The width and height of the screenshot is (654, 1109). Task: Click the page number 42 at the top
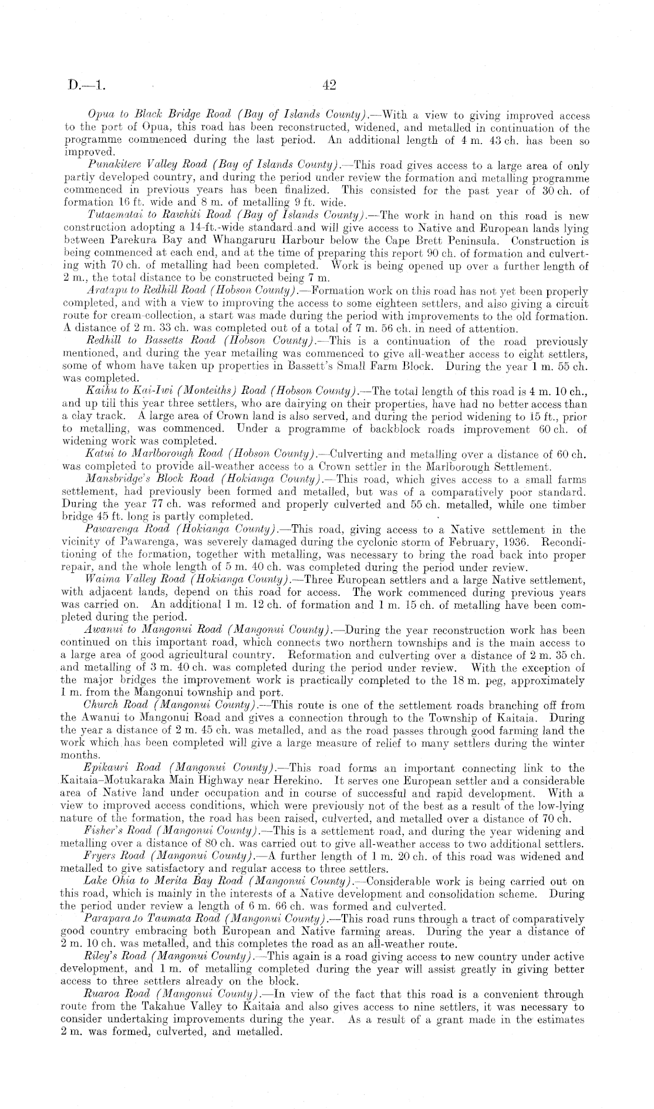(329, 86)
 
